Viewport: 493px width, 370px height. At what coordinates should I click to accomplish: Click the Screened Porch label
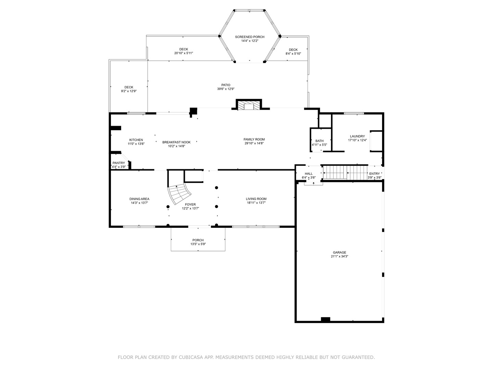(x=249, y=37)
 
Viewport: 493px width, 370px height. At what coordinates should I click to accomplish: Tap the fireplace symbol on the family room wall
(x=249, y=106)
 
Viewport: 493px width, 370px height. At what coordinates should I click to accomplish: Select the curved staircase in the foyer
(x=179, y=194)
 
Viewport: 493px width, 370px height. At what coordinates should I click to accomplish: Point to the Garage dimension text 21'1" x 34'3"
(x=339, y=256)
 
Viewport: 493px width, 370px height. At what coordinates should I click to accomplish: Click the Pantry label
(x=119, y=163)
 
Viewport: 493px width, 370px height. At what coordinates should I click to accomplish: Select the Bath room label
(x=319, y=141)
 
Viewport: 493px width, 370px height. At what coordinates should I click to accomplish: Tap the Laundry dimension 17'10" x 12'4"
(x=357, y=140)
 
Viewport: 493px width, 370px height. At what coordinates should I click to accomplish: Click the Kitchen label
(x=136, y=140)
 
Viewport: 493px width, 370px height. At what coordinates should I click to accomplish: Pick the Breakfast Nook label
(x=176, y=142)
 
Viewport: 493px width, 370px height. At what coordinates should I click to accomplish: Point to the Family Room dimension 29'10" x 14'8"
(x=254, y=143)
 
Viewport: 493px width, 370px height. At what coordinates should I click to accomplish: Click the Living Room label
(x=256, y=199)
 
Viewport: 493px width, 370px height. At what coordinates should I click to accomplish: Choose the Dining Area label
(x=139, y=199)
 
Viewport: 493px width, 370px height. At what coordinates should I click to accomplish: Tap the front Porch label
(x=198, y=240)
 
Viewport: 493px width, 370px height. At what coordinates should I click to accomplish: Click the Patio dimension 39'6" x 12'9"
(x=226, y=89)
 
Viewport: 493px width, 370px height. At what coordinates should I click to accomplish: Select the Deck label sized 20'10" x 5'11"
(x=184, y=49)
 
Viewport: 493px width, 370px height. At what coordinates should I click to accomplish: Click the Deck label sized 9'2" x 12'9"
(x=129, y=87)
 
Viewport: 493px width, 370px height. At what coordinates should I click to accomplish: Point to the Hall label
(x=308, y=174)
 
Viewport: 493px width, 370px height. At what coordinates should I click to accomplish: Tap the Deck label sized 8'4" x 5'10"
(x=293, y=50)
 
